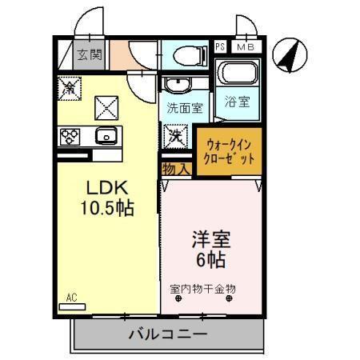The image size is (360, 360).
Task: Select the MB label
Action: coord(247,48)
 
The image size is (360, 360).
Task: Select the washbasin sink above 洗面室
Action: coord(176,83)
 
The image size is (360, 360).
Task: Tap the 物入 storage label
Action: coord(174,169)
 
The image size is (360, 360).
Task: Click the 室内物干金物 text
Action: coord(202,288)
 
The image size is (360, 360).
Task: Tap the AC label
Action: coord(71,298)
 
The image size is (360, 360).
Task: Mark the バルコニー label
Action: coord(168,334)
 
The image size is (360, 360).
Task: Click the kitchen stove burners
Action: coord(69,134)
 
